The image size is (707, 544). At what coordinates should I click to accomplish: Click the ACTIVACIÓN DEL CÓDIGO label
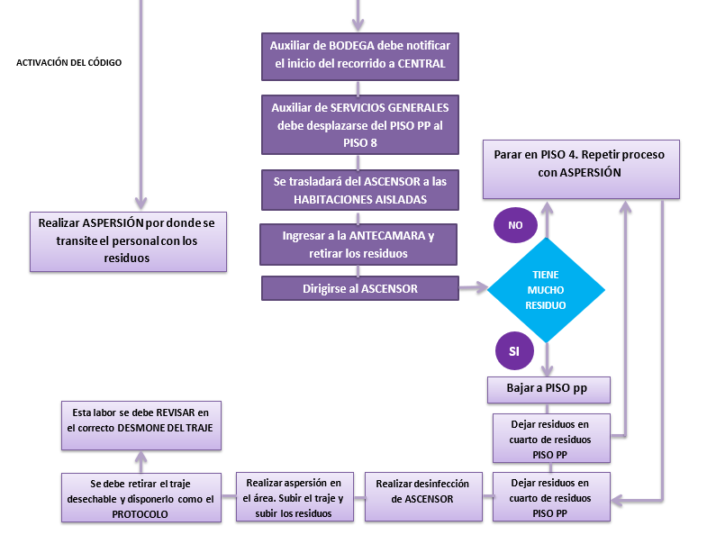(68, 62)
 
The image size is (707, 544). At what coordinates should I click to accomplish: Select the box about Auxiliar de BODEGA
(360, 55)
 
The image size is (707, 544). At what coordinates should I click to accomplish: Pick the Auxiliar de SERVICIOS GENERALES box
(360, 125)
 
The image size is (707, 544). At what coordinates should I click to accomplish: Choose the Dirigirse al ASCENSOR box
(360, 288)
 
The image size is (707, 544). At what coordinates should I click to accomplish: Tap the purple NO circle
(515, 225)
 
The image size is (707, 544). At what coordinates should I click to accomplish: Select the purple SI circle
(514, 351)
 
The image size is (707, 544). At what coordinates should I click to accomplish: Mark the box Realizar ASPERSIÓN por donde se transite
(127, 240)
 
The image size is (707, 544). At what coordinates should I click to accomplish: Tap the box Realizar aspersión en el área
(293, 497)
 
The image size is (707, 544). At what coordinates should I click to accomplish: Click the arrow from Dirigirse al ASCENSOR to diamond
(473, 289)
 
